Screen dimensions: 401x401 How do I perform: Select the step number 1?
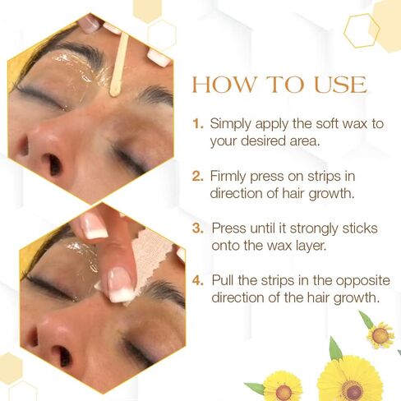[x=198, y=124]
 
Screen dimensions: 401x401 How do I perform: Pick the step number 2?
[x=198, y=176]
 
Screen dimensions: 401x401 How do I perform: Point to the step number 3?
[x=198, y=228]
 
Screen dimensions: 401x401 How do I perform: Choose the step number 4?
[x=198, y=280]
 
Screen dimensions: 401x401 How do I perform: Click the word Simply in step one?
[x=231, y=125]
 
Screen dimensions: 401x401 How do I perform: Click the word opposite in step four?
[x=362, y=281]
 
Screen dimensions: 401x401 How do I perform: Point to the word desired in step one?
[x=263, y=141]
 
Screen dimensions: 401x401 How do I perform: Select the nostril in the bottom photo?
[x=62, y=356]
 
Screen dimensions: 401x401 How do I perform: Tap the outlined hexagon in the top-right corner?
[x=362, y=30]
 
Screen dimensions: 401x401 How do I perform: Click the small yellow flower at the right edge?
[x=380, y=334]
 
